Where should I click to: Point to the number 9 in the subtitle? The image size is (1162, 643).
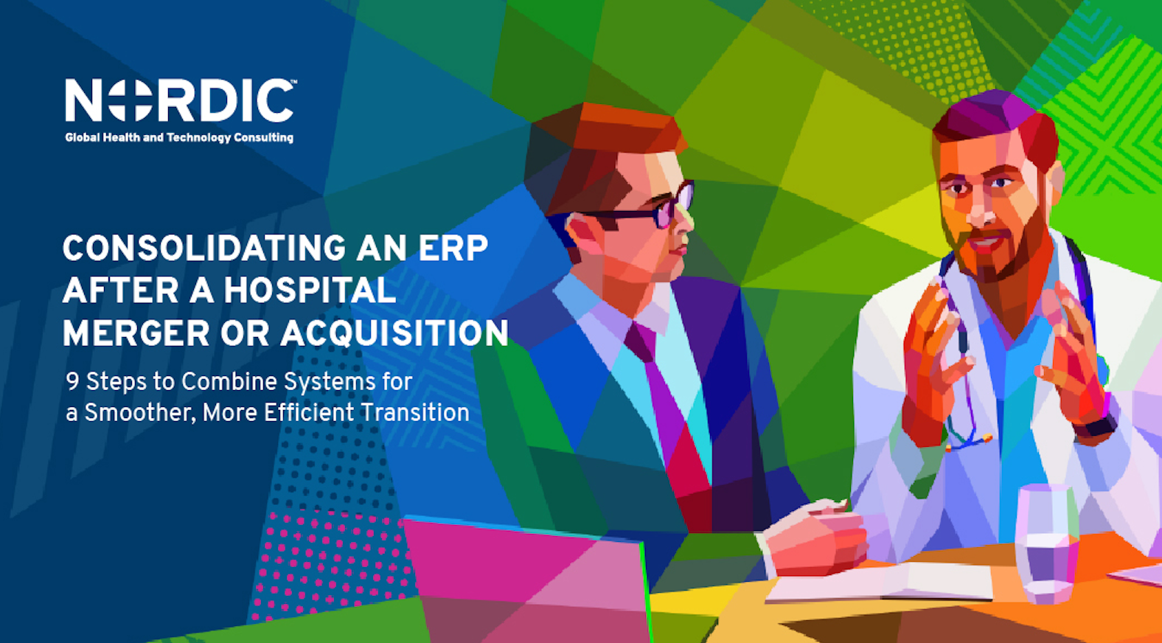(x=72, y=381)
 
